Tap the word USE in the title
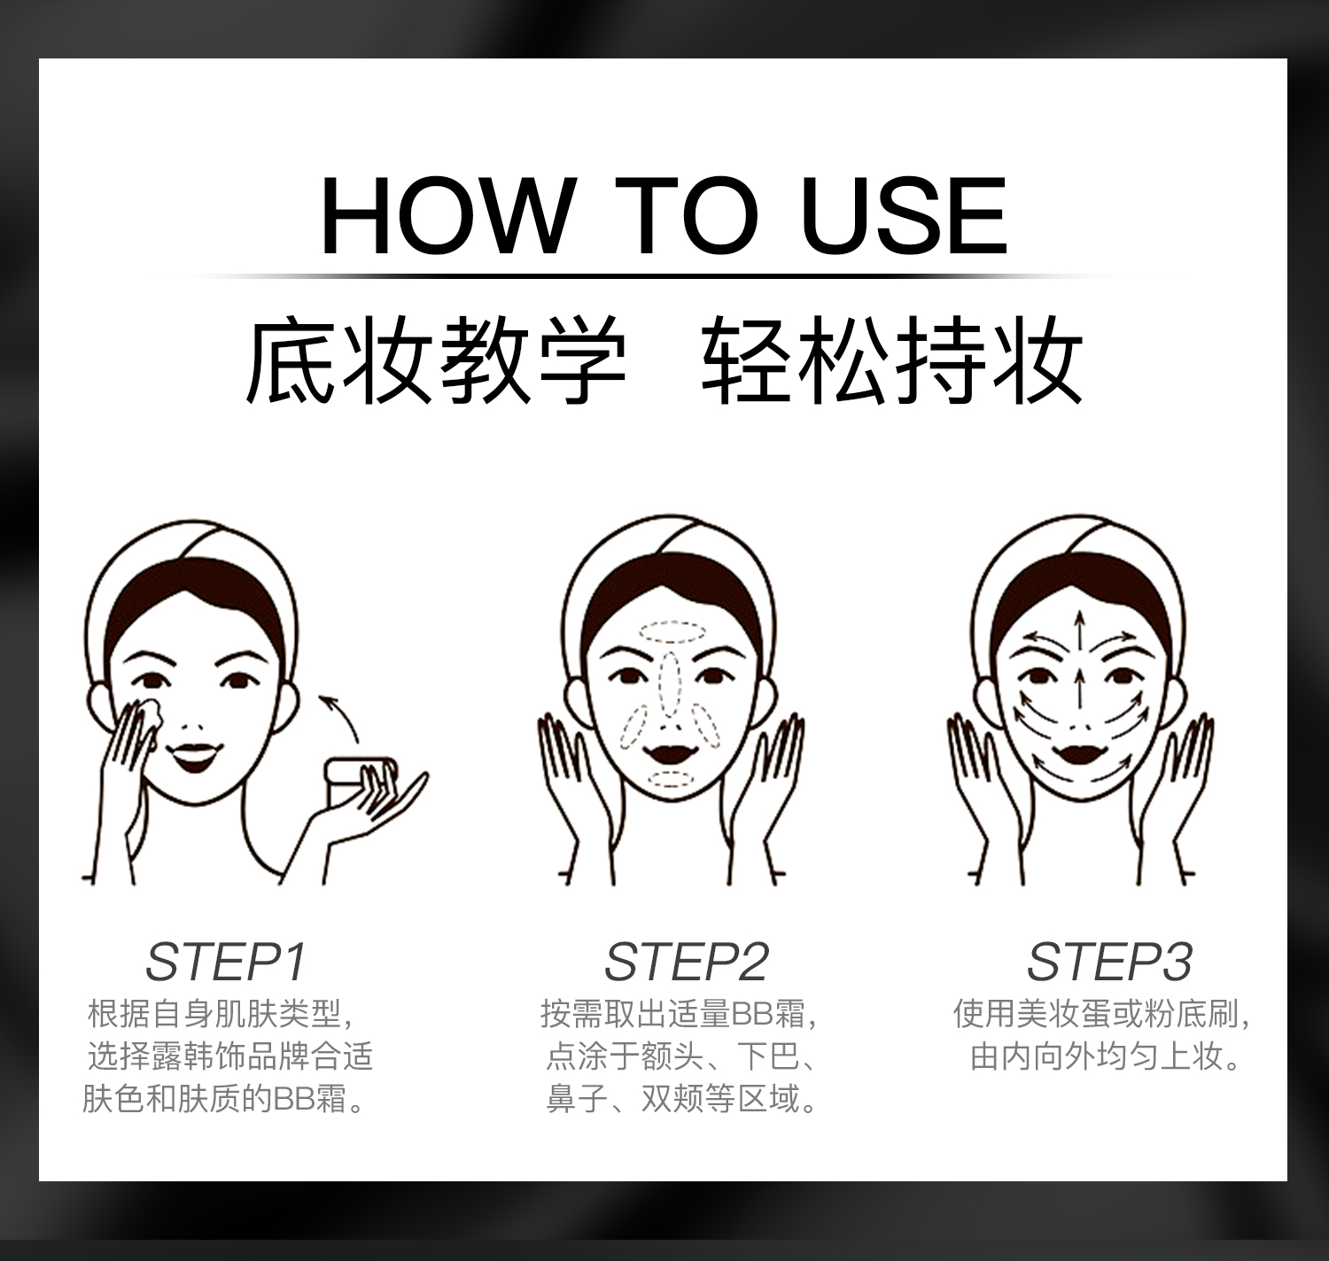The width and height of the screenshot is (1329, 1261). pos(905,215)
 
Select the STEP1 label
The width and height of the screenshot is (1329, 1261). pos(226,962)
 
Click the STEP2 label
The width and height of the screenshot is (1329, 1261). pos(687,962)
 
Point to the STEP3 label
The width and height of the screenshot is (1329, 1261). pos(1109,962)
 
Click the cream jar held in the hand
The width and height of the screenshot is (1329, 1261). pos(361,782)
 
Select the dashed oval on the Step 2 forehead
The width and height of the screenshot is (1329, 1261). pos(672,632)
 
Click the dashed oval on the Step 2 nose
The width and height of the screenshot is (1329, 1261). pos(669,684)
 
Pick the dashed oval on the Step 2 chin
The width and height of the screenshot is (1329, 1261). pos(672,779)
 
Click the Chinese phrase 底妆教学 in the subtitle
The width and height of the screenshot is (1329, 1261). pos(435,360)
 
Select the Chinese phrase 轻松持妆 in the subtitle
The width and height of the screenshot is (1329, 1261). pos(891,360)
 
